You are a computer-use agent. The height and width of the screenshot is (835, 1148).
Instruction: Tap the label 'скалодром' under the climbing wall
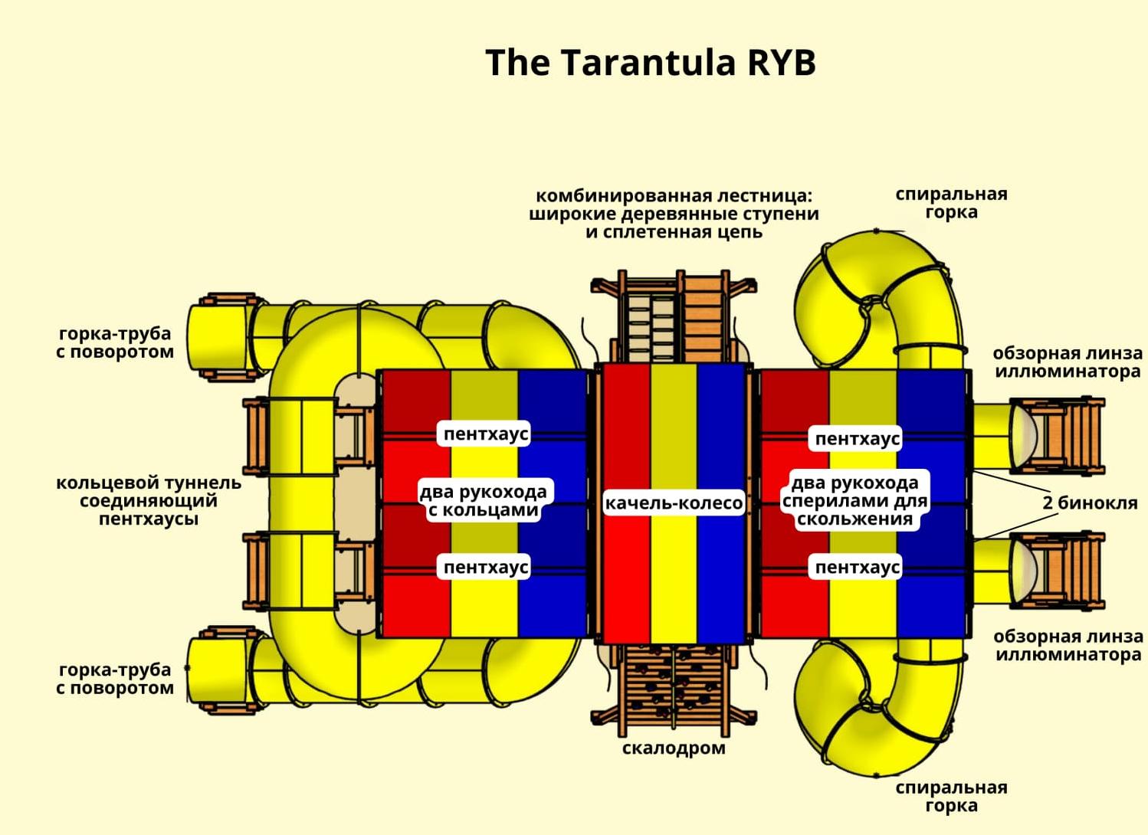[x=673, y=748]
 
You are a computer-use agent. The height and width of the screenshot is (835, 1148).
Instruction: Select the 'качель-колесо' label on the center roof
[x=674, y=503]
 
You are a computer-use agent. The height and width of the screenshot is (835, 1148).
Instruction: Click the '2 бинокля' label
[x=1089, y=503]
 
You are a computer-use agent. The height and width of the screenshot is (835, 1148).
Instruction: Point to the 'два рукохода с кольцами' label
[x=484, y=500]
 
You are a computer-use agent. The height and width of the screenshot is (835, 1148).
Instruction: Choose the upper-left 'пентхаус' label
[x=486, y=434]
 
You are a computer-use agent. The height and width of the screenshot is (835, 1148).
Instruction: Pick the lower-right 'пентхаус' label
[x=857, y=568]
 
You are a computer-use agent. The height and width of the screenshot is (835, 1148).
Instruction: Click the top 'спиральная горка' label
[x=951, y=203]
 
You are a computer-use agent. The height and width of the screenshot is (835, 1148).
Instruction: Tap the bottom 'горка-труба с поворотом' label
[x=115, y=679]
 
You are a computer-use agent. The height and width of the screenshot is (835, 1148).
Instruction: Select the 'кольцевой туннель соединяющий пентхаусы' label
[x=148, y=501]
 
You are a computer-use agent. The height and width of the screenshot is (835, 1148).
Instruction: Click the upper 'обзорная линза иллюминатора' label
[x=1068, y=362]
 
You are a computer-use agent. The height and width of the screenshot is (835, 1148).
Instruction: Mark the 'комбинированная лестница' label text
[x=674, y=214]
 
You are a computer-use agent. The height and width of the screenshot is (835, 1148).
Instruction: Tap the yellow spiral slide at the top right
[x=889, y=291]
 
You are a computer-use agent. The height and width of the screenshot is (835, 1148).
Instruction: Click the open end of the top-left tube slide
[x=207, y=337]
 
